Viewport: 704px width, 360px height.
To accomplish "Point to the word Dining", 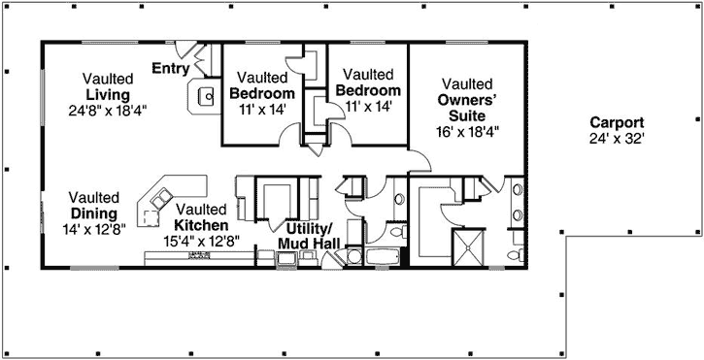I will coord(94,213).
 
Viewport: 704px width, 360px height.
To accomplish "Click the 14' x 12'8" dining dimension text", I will coord(95,229).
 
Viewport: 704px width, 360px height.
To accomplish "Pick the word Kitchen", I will coord(201,224).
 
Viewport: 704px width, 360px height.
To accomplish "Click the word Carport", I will coord(617,122).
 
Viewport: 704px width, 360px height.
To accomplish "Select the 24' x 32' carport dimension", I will coord(617,139).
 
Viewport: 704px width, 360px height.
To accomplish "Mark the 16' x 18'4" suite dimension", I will coord(467,130).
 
